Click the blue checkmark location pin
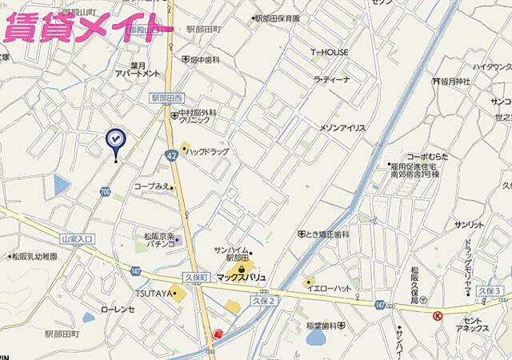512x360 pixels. pyautogui.click(x=115, y=140)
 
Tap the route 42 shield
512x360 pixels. pyautogui.click(x=173, y=156)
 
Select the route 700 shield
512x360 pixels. pyautogui.click(x=106, y=192)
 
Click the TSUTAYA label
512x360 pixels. pyautogui.click(x=153, y=294)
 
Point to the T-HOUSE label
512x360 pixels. pyautogui.click(x=330, y=52)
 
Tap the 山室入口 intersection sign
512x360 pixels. pyautogui.click(x=77, y=238)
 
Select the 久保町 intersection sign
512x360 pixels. pyautogui.click(x=195, y=277)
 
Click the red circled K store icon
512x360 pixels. pyautogui.click(x=438, y=316)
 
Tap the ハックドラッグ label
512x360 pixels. pyautogui.click(x=209, y=151)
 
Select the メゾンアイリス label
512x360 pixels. pyautogui.click(x=342, y=128)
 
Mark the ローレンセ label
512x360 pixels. pyautogui.click(x=118, y=309)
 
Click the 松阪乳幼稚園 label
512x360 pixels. pyautogui.click(x=34, y=257)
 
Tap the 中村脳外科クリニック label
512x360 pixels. pyautogui.click(x=194, y=118)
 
